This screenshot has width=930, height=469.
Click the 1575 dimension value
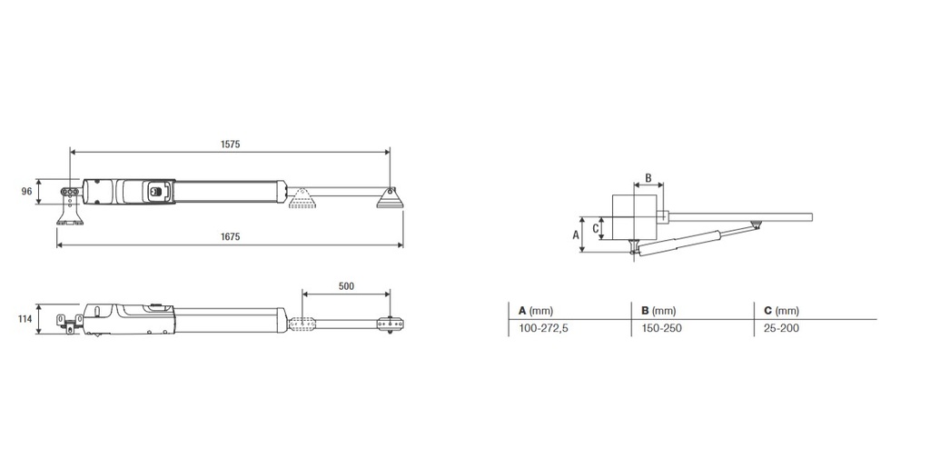231,144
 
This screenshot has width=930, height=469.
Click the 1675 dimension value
231,236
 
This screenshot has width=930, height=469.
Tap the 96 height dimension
26,192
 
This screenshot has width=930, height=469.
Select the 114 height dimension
25,320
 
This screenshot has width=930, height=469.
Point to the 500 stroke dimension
346,285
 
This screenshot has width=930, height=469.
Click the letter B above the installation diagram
648,177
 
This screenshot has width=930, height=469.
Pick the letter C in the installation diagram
596,228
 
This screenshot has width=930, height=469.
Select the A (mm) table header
536,310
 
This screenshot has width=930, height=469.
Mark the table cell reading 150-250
661,328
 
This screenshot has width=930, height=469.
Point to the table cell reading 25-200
781,328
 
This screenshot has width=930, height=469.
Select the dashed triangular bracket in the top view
302,199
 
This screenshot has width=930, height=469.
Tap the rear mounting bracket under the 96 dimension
69,216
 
